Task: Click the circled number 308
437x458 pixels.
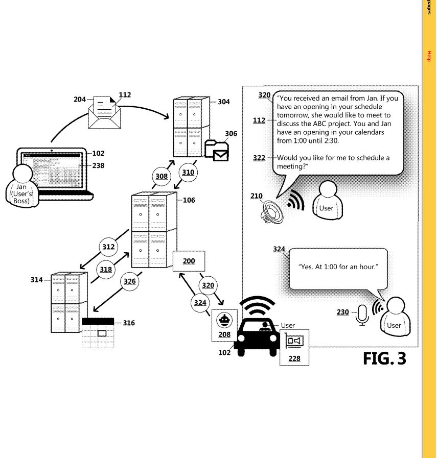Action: point(162,176)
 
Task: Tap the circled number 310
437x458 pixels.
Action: point(188,173)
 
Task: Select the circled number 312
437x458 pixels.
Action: point(108,247)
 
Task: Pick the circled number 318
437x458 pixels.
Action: point(106,270)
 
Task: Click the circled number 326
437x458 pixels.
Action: point(130,281)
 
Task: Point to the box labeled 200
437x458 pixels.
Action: point(189,261)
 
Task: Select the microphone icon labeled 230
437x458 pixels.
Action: point(362,315)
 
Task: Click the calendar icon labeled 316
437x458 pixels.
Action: point(98,332)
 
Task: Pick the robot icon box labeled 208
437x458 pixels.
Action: point(224,325)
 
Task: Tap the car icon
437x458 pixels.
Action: point(259,334)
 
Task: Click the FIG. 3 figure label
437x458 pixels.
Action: point(384,358)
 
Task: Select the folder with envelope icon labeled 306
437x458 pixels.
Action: point(216,150)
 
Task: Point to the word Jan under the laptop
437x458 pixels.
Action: point(21,187)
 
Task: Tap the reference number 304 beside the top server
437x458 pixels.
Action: point(223,102)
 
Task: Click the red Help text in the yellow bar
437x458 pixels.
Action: point(429,57)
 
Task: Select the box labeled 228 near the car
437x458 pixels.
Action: point(294,347)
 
